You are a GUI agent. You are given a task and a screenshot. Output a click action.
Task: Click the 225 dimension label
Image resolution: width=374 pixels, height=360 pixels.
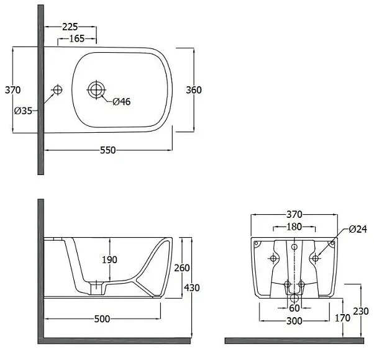[x=70, y=27]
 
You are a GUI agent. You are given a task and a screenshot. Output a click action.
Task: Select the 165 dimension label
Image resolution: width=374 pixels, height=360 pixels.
[x=77, y=38]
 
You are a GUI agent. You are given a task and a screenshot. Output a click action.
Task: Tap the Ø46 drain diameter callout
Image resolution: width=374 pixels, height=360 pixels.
[x=122, y=102]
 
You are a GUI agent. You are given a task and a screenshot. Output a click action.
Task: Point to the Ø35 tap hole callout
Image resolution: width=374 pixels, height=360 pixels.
[x=23, y=110]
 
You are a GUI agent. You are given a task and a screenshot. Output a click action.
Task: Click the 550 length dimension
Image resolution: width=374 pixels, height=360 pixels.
[x=108, y=150]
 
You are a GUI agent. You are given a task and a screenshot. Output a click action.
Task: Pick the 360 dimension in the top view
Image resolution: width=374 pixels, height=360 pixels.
[x=194, y=90]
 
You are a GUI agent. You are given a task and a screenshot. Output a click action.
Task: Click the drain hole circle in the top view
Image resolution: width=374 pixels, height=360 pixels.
[x=96, y=90]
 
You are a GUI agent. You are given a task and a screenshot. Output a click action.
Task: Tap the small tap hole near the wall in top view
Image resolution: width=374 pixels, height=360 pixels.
[x=57, y=90]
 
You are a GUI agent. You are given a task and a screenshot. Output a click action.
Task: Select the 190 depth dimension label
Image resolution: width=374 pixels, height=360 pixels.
[x=109, y=259]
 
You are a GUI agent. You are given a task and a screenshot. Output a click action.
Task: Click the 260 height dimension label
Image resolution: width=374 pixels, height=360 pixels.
[x=182, y=268]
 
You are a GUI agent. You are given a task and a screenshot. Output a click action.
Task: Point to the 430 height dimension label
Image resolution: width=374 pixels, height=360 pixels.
[x=192, y=288]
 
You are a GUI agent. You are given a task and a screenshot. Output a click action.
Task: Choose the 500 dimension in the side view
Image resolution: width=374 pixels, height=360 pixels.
[x=102, y=319]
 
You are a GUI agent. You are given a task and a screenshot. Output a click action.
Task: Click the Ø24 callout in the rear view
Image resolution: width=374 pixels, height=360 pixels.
[x=358, y=229]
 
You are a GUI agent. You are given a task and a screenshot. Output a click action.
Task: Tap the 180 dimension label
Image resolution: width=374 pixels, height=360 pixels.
[x=294, y=227]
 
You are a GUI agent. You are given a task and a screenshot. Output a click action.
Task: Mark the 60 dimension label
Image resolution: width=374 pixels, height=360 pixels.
[x=294, y=308]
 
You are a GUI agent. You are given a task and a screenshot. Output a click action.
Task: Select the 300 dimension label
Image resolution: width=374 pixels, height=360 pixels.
[x=294, y=321]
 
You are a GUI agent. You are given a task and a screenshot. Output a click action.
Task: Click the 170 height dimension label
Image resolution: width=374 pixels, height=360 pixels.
[x=342, y=318]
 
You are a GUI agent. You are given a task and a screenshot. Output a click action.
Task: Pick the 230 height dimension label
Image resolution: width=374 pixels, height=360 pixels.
[x=361, y=311]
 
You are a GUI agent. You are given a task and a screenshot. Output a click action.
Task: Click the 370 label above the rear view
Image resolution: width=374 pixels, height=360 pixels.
[x=294, y=214]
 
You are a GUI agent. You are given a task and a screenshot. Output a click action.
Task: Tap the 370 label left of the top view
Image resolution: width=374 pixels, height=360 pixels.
[x=13, y=90]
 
